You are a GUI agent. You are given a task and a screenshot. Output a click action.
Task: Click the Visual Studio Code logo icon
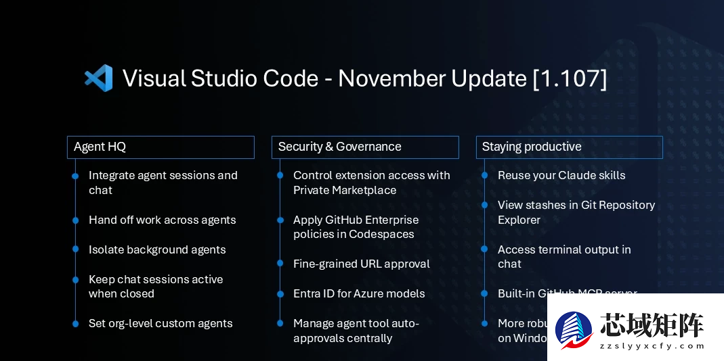(x=98, y=78)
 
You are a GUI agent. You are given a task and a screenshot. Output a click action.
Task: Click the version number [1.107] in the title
(x=570, y=78)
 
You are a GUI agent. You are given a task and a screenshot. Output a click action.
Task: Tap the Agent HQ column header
(x=161, y=147)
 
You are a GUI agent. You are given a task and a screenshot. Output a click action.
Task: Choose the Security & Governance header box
(x=365, y=147)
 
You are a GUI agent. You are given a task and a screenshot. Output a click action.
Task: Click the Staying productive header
(x=569, y=147)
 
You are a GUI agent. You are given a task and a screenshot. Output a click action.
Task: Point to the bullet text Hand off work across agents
(x=162, y=220)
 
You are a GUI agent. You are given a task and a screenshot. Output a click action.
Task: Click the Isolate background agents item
(x=157, y=249)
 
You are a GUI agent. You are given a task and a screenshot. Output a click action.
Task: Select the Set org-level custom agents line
(x=161, y=323)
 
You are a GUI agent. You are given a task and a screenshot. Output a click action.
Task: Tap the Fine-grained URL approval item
(x=361, y=264)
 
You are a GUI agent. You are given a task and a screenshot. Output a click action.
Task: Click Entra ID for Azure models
(x=359, y=293)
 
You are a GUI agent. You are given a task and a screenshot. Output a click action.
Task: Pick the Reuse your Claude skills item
(x=561, y=175)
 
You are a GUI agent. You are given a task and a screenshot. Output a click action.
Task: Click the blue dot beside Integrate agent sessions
(x=75, y=176)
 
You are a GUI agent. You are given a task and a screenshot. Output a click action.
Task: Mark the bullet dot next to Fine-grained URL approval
(x=280, y=264)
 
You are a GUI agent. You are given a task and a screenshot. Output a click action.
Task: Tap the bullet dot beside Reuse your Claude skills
(x=484, y=176)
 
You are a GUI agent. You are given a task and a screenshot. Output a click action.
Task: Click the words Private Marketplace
(x=345, y=190)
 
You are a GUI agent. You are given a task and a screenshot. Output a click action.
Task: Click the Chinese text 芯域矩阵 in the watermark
(x=652, y=325)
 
